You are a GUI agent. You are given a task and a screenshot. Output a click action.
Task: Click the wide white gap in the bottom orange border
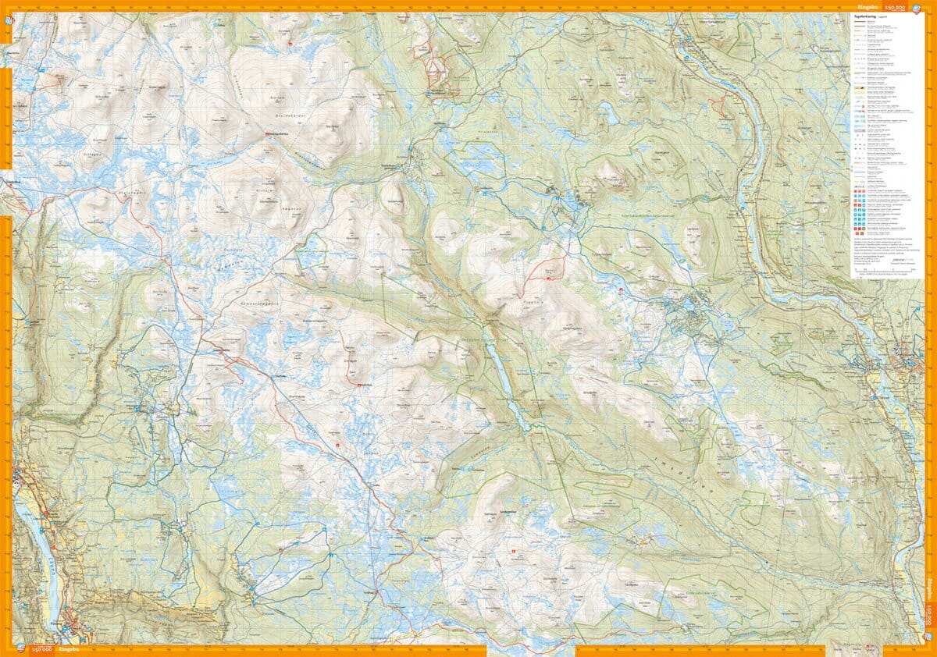coord(531,650)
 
